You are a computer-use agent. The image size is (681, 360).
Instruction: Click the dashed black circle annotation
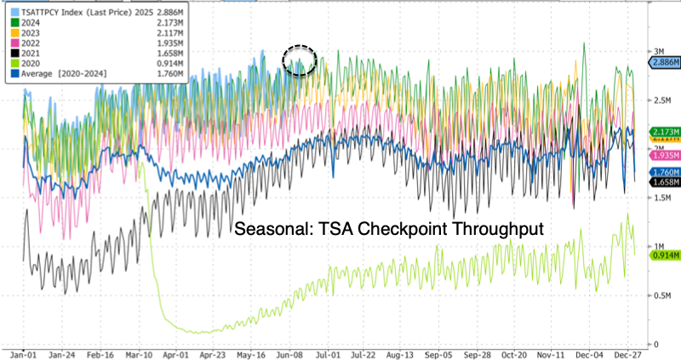[x=299, y=60]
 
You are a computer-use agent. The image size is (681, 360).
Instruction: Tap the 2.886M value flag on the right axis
[x=663, y=63]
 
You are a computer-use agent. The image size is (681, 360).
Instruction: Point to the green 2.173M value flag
[x=663, y=132]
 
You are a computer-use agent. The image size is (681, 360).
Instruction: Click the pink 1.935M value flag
[x=663, y=156]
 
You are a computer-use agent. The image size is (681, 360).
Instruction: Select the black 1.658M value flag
[x=663, y=181]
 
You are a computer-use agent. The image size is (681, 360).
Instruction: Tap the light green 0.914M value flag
[x=663, y=254]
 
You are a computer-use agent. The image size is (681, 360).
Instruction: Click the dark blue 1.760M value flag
[x=663, y=171]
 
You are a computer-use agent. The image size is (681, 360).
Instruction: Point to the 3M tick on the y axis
[x=657, y=51]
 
